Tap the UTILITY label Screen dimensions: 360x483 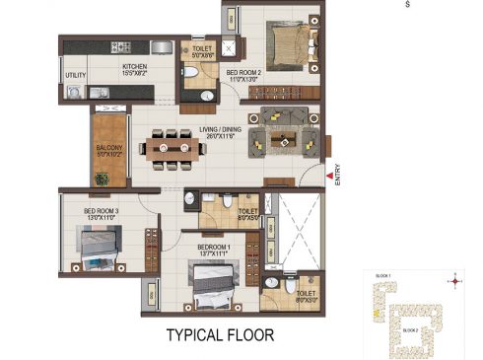76,75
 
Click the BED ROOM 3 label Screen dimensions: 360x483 101,211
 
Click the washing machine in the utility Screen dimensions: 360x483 75,93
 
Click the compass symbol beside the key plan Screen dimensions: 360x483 453,281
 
